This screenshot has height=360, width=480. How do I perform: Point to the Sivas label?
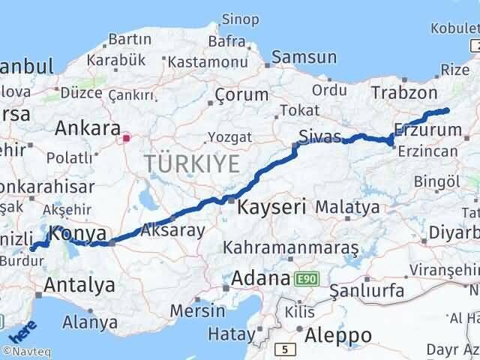pos(319,136)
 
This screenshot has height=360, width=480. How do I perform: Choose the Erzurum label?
pos(427,130)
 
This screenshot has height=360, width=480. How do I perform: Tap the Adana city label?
pos(260,278)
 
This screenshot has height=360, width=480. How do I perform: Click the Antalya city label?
pos(79,284)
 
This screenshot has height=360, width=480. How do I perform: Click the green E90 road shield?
pos(306,279)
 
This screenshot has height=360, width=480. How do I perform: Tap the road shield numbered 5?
pos(285,349)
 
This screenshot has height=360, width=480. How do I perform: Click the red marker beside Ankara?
pos(127,137)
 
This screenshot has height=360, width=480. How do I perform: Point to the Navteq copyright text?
pos(25,351)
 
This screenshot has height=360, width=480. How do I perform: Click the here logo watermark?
pos(23,331)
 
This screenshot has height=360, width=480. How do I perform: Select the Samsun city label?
pos(304,57)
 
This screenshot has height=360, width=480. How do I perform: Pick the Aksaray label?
pos(172,230)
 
